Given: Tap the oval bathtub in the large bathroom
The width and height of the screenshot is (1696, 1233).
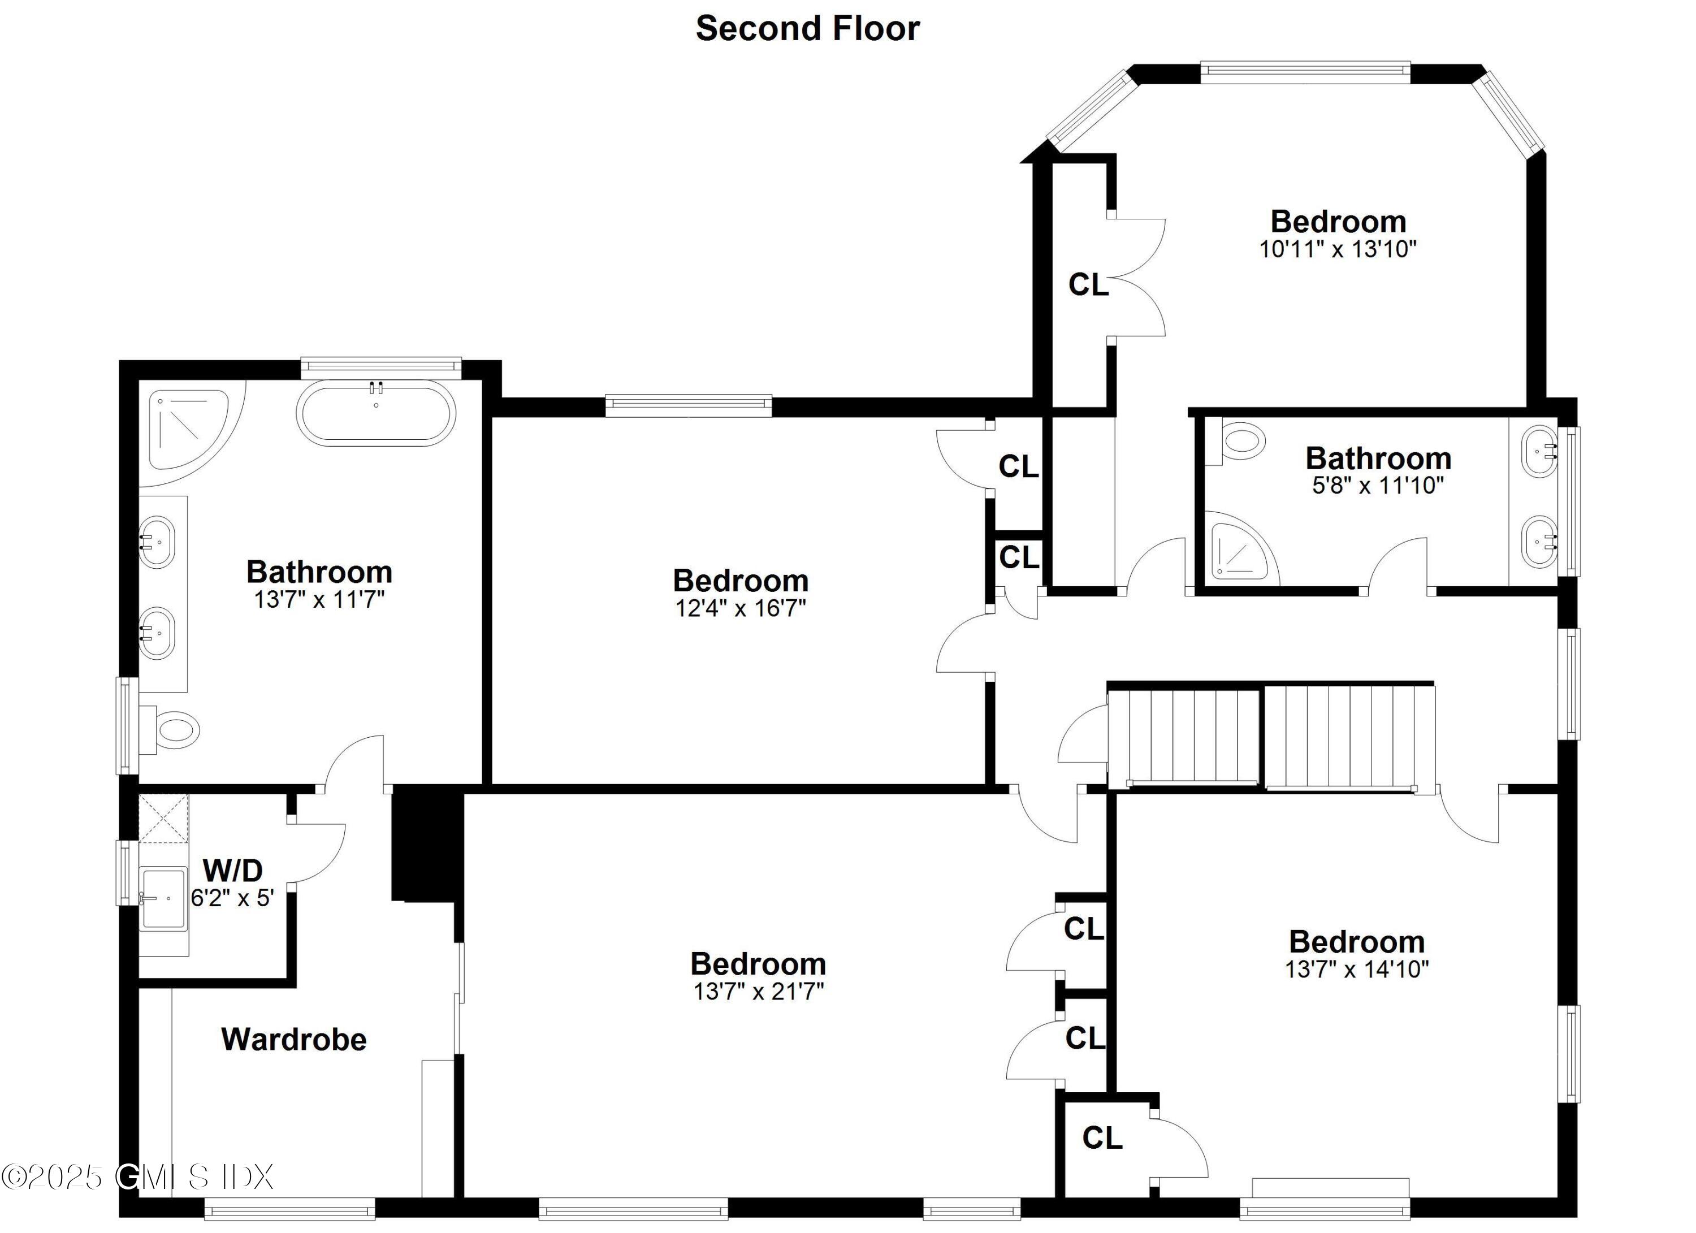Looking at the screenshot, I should coord(375,413).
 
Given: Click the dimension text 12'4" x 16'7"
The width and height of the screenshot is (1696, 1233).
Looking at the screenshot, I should coord(741,608).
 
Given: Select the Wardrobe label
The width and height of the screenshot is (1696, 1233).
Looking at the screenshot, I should coord(294,1039).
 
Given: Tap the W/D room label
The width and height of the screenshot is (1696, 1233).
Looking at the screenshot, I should coord(232,871).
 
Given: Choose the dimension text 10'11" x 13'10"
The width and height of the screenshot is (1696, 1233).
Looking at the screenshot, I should coord(1338,249).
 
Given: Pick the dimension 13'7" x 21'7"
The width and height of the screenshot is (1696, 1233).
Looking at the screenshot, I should coord(758,992).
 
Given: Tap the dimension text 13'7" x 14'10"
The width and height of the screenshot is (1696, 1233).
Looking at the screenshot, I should coord(1356,969).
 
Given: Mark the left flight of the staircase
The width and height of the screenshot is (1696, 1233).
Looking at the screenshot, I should coord(1183,737).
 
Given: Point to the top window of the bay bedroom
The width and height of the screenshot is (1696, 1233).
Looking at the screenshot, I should coord(1305,72).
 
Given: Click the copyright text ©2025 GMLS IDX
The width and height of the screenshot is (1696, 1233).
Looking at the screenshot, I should coord(137,1177).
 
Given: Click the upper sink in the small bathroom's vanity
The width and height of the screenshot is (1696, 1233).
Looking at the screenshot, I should coord(1539,451).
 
